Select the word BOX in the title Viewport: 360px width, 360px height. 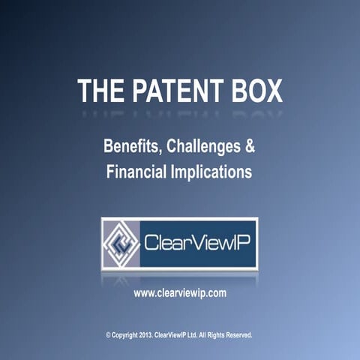coord(256,90)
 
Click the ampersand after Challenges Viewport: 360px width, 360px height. coord(250,146)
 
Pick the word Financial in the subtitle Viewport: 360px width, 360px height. coord(137,171)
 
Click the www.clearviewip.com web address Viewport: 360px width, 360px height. coord(180,293)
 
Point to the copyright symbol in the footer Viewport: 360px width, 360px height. coord(109,334)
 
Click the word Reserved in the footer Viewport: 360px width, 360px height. coord(239,334)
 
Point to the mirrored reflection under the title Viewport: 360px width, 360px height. coord(180,113)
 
